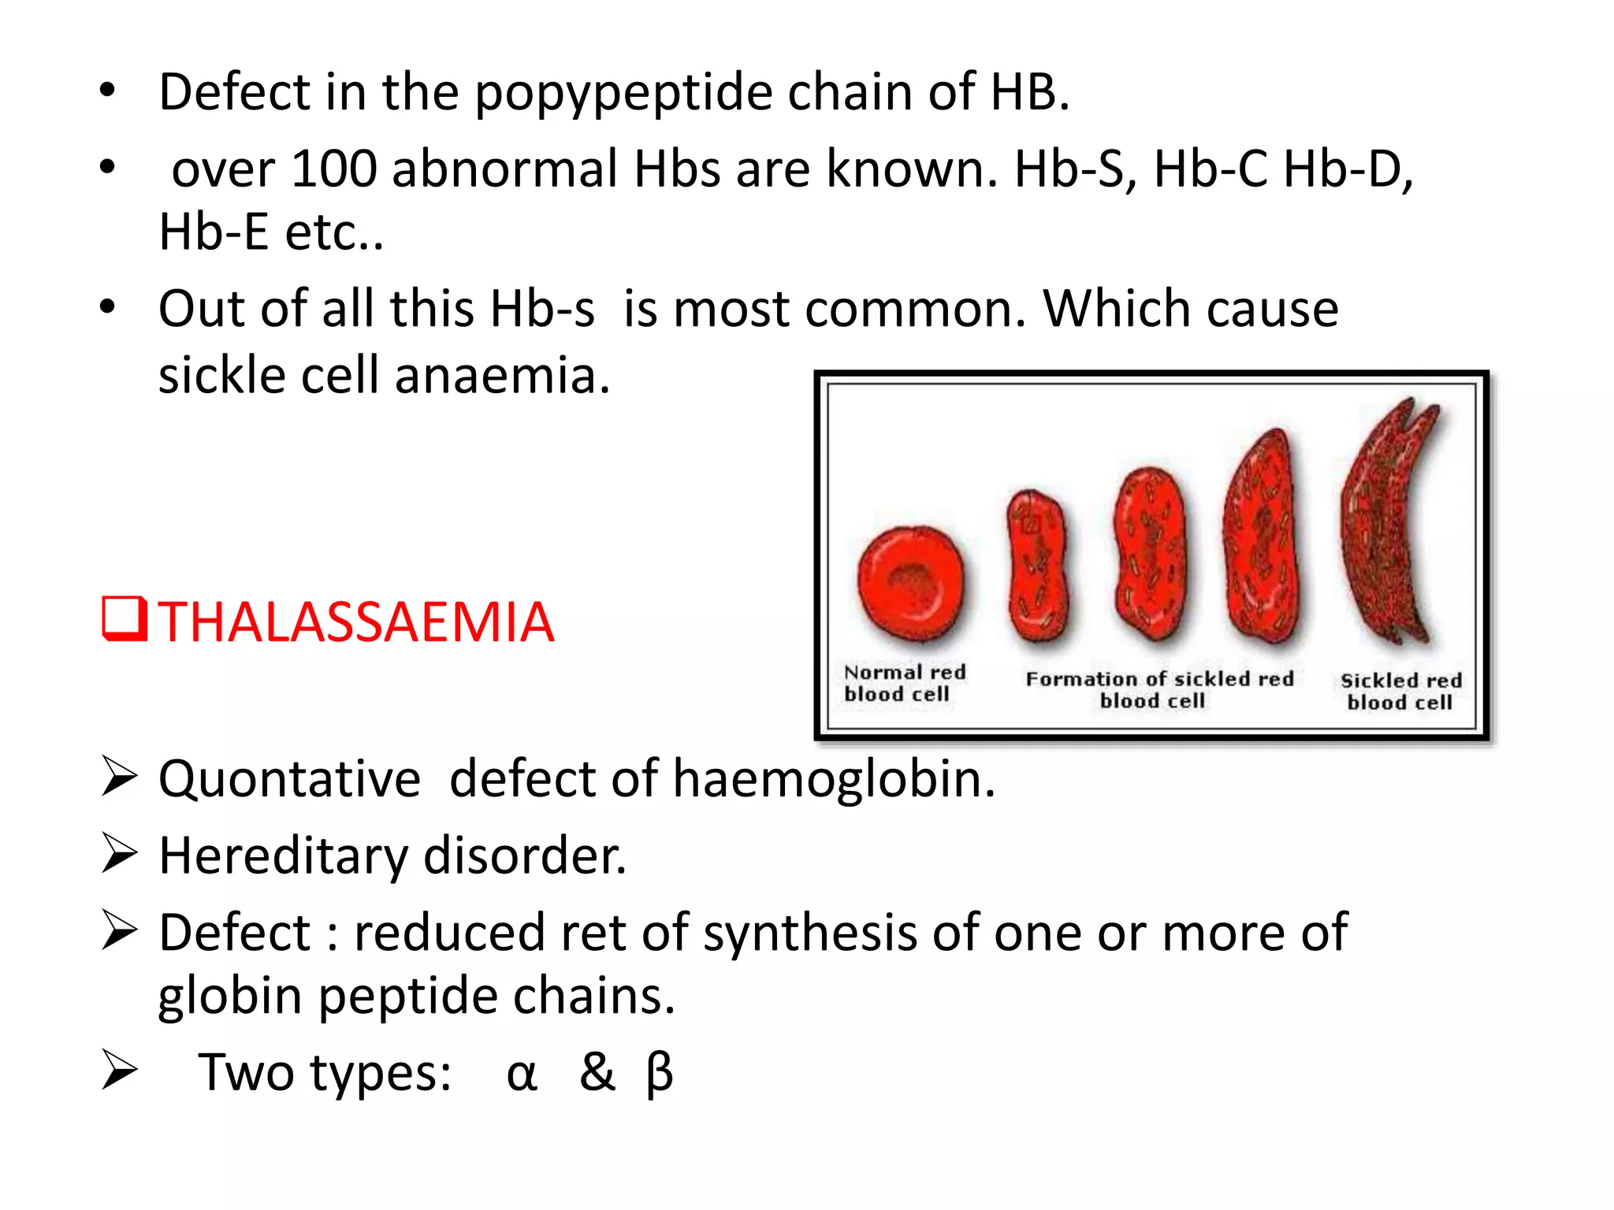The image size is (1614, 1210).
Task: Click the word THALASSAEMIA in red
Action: pyautogui.click(x=356, y=622)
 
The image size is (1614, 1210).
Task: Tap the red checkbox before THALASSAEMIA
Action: pyautogui.click(x=124, y=619)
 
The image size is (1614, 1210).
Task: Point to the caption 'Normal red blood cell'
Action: pyautogui.click(x=904, y=683)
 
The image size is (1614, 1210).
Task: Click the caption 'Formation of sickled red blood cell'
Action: pyautogui.click(x=1158, y=689)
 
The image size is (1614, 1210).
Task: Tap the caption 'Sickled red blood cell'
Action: pyautogui.click(x=1400, y=691)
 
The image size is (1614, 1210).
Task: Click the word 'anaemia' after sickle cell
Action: pyautogui.click(x=502, y=375)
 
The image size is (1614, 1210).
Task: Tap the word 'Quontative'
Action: pyautogui.click(x=289, y=779)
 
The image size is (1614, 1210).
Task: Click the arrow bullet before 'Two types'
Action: pyautogui.click(x=119, y=1072)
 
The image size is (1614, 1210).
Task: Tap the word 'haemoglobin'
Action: pyautogui.click(x=833, y=779)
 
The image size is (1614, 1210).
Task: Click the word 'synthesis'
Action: pyautogui.click(x=809, y=933)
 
